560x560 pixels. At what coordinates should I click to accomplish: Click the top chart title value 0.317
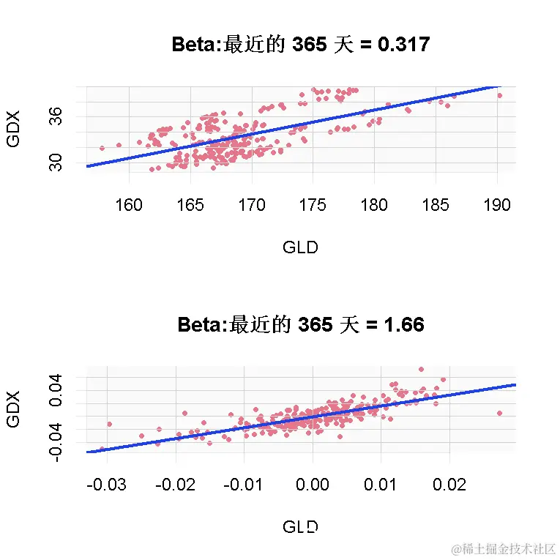point(401,45)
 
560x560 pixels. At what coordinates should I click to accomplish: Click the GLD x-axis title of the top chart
point(300,247)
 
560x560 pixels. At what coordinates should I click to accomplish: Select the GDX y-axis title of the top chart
point(13,130)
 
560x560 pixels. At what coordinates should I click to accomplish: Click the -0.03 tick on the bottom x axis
point(107,485)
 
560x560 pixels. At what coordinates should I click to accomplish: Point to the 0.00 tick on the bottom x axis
point(313,485)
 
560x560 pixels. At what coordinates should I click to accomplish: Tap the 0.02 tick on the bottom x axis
point(449,485)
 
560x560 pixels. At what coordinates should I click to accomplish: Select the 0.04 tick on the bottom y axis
point(56,392)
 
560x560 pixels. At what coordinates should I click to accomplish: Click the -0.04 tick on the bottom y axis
point(56,441)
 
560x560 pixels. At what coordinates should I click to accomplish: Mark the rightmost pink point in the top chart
point(500,95)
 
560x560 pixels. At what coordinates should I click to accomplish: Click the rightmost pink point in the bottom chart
point(500,413)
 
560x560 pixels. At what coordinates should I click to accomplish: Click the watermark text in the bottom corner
point(504,548)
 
